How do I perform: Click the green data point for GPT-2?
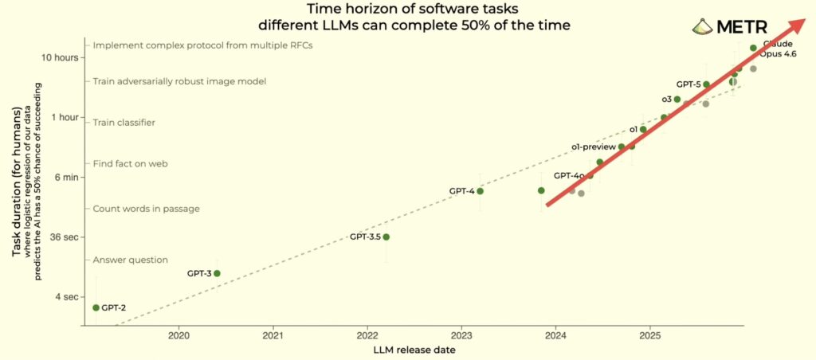tap(96, 307)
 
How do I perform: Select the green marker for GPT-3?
tap(217, 273)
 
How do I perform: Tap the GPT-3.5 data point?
tap(386, 237)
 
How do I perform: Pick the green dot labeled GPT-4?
tap(480, 191)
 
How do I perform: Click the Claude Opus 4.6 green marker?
tap(753, 49)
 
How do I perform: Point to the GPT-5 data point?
tap(706, 84)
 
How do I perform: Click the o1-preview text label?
tap(594, 147)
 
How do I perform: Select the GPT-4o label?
tap(569, 175)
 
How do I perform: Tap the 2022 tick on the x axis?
tap(367, 337)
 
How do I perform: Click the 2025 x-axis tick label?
tap(649, 337)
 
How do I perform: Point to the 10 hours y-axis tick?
tap(61, 57)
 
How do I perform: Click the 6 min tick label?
tap(64, 177)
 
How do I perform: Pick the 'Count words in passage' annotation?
tap(146, 209)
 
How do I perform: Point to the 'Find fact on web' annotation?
tap(131, 163)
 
